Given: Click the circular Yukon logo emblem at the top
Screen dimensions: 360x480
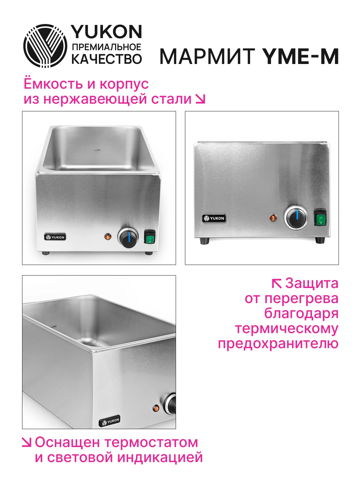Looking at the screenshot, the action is click(45, 46).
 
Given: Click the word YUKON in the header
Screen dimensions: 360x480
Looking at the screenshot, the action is click(107, 32).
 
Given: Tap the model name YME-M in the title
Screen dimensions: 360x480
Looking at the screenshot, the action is click(300, 56).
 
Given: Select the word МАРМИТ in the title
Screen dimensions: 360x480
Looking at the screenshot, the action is click(208, 56).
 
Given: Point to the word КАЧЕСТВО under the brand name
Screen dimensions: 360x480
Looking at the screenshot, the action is click(107, 59).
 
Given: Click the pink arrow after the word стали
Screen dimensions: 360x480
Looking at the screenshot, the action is click(200, 99).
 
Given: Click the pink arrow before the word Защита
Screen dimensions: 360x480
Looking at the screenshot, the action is click(277, 284).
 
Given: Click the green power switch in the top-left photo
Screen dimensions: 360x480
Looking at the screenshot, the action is click(149, 236).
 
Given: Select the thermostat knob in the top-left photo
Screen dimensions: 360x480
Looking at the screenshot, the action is click(128, 237).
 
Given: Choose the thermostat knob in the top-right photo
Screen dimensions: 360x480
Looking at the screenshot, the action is click(296, 218).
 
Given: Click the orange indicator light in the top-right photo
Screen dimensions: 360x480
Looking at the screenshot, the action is click(273, 218).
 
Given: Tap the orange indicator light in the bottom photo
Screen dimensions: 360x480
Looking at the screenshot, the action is click(156, 408).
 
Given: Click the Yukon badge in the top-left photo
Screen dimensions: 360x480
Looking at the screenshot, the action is click(55, 237).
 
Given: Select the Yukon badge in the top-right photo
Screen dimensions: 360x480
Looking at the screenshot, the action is click(214, 218).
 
